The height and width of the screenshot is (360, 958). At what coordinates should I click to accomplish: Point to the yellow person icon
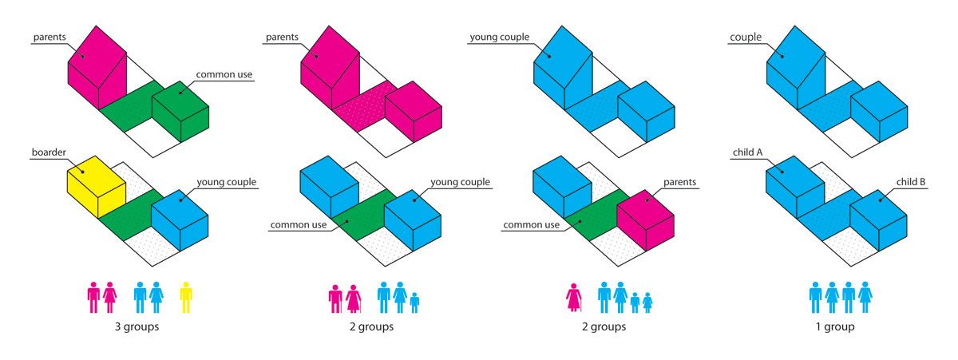tap(186, 297)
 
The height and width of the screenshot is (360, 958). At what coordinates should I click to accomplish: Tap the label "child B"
tap(911, 182)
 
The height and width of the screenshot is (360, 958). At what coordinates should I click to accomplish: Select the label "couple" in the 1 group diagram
tap(746, 37)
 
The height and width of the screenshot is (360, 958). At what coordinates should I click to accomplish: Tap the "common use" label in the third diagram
tap(530, 224)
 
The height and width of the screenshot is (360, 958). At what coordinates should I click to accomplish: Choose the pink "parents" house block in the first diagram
tap(97, 68)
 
